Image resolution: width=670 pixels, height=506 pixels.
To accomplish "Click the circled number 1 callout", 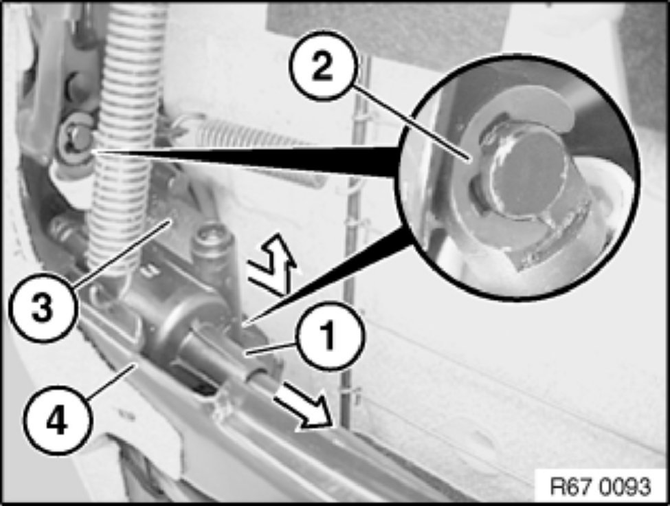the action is point(328,336).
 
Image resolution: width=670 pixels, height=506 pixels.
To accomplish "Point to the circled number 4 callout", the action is point(56,418).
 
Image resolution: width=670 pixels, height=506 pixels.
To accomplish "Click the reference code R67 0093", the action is point(601,486).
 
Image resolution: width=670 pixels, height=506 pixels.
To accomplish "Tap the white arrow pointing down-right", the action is point(302,403).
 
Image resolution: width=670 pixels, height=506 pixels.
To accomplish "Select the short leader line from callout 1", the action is point(271,348).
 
